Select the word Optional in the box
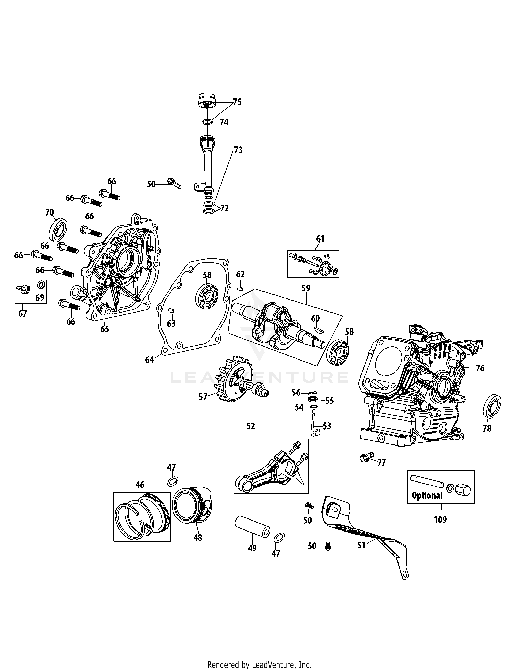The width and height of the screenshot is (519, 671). (x=427, y=495)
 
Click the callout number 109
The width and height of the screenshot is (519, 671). (x=440, y=520)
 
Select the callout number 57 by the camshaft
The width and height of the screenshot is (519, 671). (x=203, y=397)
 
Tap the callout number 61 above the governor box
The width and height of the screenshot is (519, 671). (x=320, y=239)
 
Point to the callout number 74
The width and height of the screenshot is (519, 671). (x=224, y=122)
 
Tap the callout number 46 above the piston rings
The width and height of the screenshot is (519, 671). (x=140, y=485)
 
